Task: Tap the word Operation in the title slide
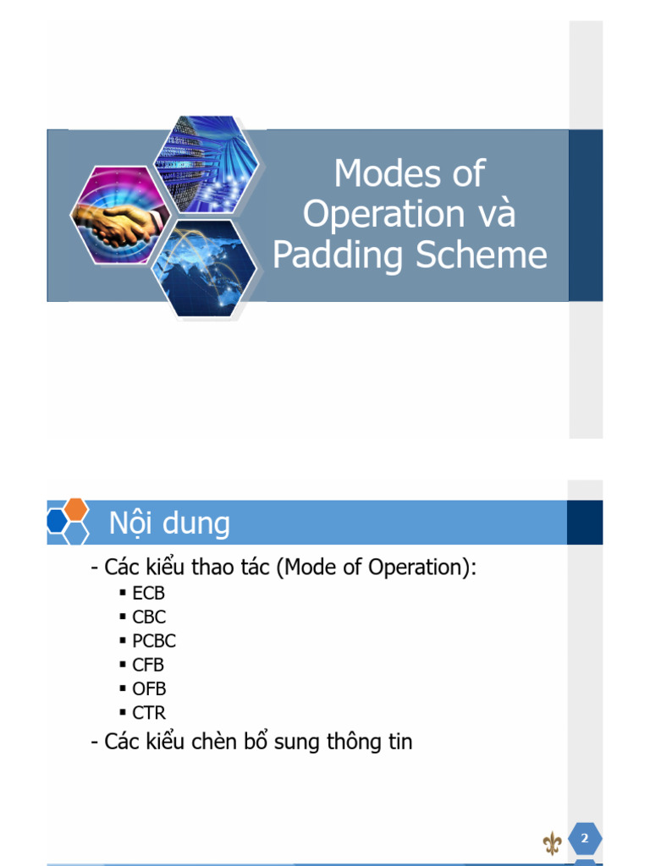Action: coord(383,214)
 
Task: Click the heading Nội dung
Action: coord(169,523)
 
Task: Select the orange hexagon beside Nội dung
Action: coord(76,509)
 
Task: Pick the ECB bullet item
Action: coord(148,594)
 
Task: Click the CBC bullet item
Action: coord(149,617)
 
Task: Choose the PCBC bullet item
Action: coord(154,641)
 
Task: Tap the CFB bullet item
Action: coord(148,665)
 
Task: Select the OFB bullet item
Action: coord(149,688)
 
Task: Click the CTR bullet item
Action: coord(149,712)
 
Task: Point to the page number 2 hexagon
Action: coord(584,839)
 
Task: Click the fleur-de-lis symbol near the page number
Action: coord(552,842)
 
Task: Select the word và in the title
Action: coord(494,214)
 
